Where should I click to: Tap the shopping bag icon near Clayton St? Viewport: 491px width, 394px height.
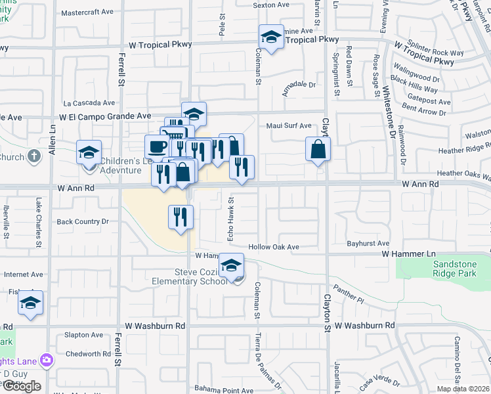pos(318,149)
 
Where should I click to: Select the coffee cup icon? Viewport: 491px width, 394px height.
pos(157,146)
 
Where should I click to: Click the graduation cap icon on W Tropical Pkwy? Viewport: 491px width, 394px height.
pos(270,37)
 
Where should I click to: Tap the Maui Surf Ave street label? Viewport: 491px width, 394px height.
pos(289,125)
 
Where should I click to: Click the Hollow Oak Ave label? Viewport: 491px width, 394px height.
pos(274,247)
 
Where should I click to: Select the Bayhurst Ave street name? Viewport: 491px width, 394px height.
pos(368,243)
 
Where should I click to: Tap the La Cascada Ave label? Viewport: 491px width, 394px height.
pos(89,103)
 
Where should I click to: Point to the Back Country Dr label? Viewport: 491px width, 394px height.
pos(83,222)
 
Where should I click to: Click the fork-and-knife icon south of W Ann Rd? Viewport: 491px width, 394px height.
pos(181,216)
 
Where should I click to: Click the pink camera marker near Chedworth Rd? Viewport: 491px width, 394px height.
pos(46,359)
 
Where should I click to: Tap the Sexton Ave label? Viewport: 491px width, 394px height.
pos(271,5)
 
